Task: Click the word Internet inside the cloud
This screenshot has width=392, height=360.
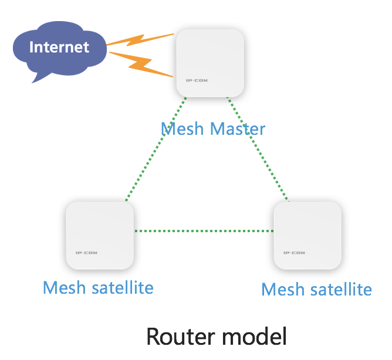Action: coord(59,47)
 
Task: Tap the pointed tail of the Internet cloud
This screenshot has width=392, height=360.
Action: coord(32,82)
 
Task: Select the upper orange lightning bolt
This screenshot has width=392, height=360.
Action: coord(140,40)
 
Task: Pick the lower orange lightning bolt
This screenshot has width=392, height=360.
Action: coord(141,64)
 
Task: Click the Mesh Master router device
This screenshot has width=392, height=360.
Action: coord(210,63)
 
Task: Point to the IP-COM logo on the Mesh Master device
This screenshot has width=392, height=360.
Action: coord(197,80)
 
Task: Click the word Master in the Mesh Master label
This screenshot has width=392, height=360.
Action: coord(238,129)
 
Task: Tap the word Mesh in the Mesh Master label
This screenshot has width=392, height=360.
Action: coord(183,129)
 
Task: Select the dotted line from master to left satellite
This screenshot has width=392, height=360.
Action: coord(156,149)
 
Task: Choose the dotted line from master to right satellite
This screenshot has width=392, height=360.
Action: coord(258,149)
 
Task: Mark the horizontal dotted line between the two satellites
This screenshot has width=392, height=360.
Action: coord(204,231)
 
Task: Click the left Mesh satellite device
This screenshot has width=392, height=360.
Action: coord(100,236)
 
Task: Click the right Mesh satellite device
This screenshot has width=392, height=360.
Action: coord(307,236)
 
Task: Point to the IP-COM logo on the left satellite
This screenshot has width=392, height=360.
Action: coord(86,253)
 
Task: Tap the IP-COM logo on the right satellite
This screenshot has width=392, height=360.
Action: coord(294,253)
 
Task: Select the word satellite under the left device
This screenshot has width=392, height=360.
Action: coord(123,287)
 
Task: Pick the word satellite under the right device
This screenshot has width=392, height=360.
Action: coord(342,289)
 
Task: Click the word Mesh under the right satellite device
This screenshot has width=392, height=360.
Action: coord(283,289)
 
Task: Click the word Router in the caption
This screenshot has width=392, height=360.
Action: coord(181,337)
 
